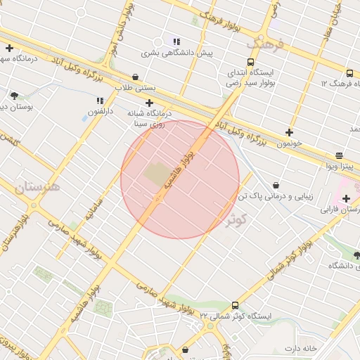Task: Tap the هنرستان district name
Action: point(37,187)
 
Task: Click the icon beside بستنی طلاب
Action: point(135,77)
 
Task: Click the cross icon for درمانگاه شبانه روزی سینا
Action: point(149,103)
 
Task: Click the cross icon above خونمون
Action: point(289,131)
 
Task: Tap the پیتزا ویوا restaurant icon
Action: point(340,155)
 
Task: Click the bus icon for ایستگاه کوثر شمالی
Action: point(235,305)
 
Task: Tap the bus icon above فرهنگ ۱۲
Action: point(349,73)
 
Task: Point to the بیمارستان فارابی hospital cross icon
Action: point(346,198)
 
